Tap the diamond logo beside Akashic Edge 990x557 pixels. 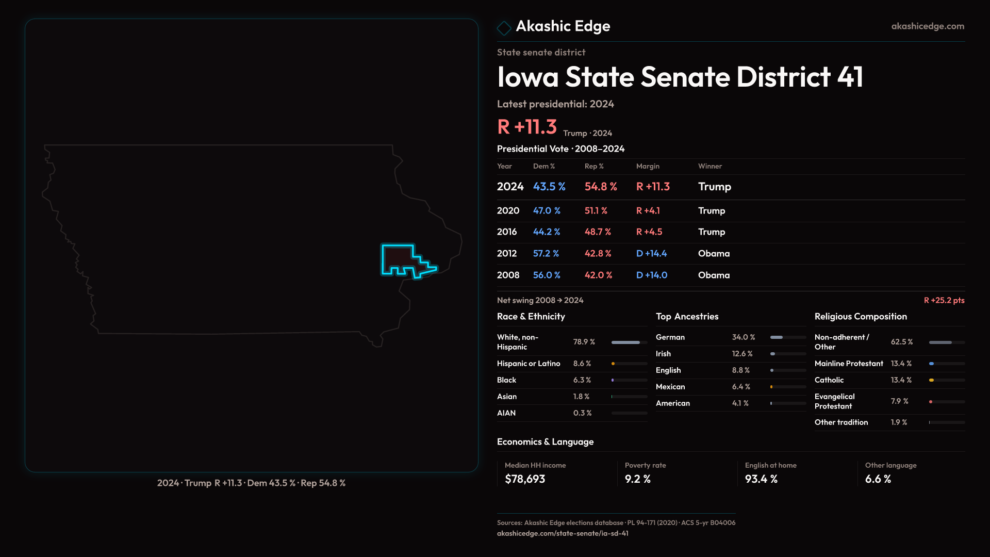(x=504, y=27)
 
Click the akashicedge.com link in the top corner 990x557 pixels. (x=927, y=26)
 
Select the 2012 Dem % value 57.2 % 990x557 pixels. (x=546, y=254)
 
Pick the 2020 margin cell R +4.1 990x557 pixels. (x=648, y=211)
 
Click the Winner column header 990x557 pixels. (x=709, y=167)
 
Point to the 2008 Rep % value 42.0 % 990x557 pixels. (x=598, y=275)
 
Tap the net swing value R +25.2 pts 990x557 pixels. (x=944, y=301)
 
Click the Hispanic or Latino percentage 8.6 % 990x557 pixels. (x=582, y=364)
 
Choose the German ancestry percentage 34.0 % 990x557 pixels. (x=743, y=337)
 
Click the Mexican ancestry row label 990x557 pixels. (x=670, y=387)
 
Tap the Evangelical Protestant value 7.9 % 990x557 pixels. (x=899, y=401)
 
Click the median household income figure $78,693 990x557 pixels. (x=525, y=479)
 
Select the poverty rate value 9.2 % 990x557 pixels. (x=637, y=479)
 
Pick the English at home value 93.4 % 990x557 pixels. (x=761, y=479)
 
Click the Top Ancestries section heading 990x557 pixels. (x=687, y=317)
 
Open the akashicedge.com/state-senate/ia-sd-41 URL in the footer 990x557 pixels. (x=563, y=534)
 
